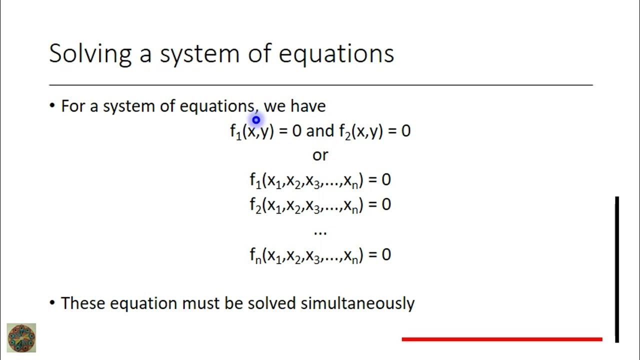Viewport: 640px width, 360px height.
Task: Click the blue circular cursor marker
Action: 256,120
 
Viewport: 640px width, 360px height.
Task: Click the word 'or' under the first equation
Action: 320,155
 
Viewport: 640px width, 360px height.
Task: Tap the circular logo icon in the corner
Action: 21,338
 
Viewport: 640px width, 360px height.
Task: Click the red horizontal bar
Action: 502,339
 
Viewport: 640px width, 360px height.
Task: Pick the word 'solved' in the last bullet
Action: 273,303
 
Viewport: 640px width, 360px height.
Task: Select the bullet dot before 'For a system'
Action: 52,106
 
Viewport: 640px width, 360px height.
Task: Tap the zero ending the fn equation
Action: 386,255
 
